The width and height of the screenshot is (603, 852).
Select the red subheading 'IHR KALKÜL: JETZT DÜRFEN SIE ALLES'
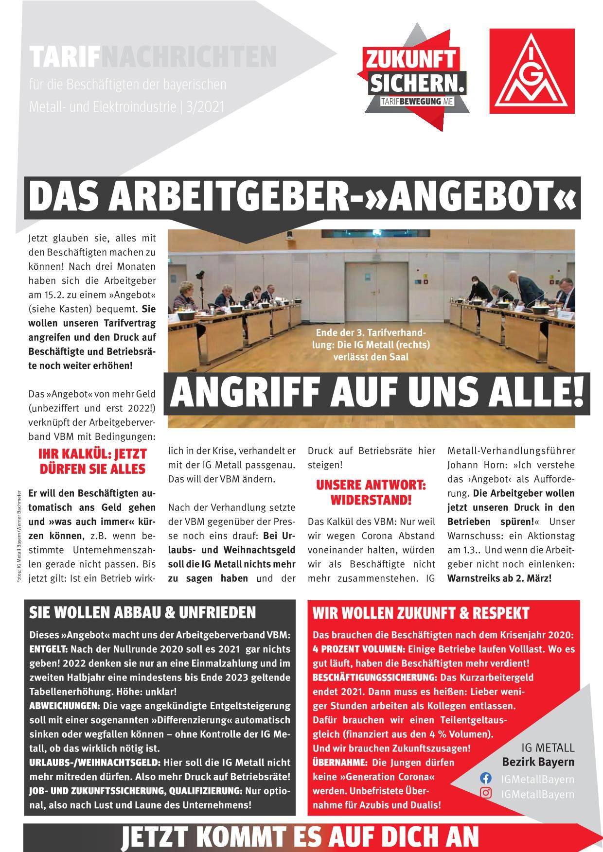pos(92,462)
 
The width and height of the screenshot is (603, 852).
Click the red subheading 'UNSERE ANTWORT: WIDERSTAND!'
pos(371,492)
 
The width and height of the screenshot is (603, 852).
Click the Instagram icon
pos(485,794)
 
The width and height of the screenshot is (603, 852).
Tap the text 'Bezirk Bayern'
pos(538,762)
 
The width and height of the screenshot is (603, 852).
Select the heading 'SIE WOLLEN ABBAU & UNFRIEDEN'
pos(142,613)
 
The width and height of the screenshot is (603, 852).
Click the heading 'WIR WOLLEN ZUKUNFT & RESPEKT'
pos(420,613)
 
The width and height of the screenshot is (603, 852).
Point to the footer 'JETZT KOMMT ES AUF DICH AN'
pos(301,837)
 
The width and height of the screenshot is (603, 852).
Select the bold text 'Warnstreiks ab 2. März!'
pos(499,579)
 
